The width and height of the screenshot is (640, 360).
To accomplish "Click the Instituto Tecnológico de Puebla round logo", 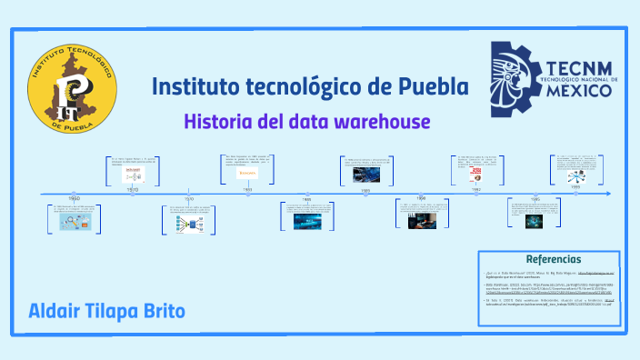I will (73, 88).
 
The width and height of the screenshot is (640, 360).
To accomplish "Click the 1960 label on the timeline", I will (75, 198).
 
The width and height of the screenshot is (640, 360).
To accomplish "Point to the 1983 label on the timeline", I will (246, 190).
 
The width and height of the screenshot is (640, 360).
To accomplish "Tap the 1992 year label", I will (475, 190).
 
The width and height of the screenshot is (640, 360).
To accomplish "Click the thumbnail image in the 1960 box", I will (73, 225).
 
